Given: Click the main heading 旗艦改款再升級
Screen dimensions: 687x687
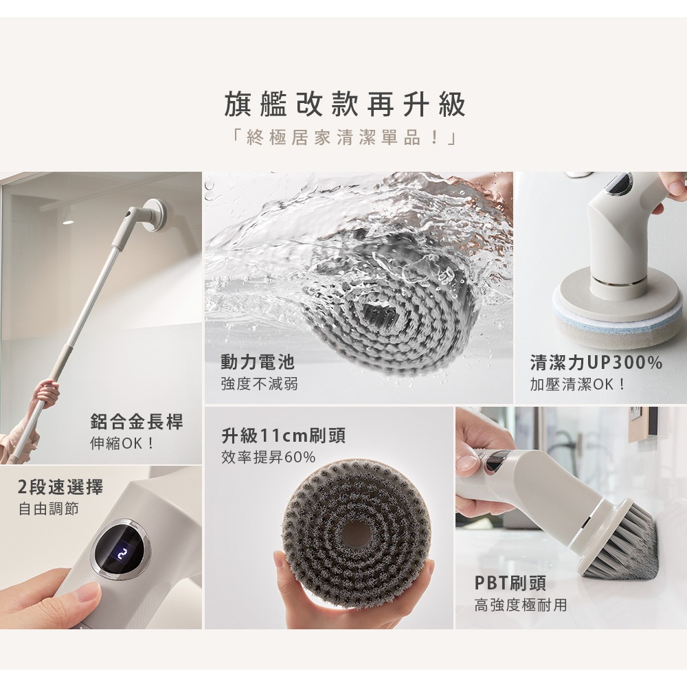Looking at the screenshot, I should click(x=345, y=105).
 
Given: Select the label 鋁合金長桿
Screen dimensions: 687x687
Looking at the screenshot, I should click(x=137, y=422).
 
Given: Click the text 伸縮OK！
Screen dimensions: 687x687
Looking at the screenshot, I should click(x=123, y=442).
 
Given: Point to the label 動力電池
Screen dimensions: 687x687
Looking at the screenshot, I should click(x=258, y=362).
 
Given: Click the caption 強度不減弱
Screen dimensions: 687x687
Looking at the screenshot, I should click(x=259, y=383).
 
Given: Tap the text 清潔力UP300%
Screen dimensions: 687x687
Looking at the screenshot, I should click(x=596, y=363).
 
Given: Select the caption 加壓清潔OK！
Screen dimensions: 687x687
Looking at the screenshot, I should click(x=578, y=383).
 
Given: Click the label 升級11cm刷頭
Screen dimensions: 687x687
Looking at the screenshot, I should click(x=283, y=436).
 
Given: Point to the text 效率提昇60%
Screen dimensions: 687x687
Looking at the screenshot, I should click(x=268, y=457).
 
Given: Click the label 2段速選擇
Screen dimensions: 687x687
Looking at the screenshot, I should click(x=60, y=488).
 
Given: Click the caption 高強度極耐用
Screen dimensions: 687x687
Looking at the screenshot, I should click(x=521, y=605).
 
